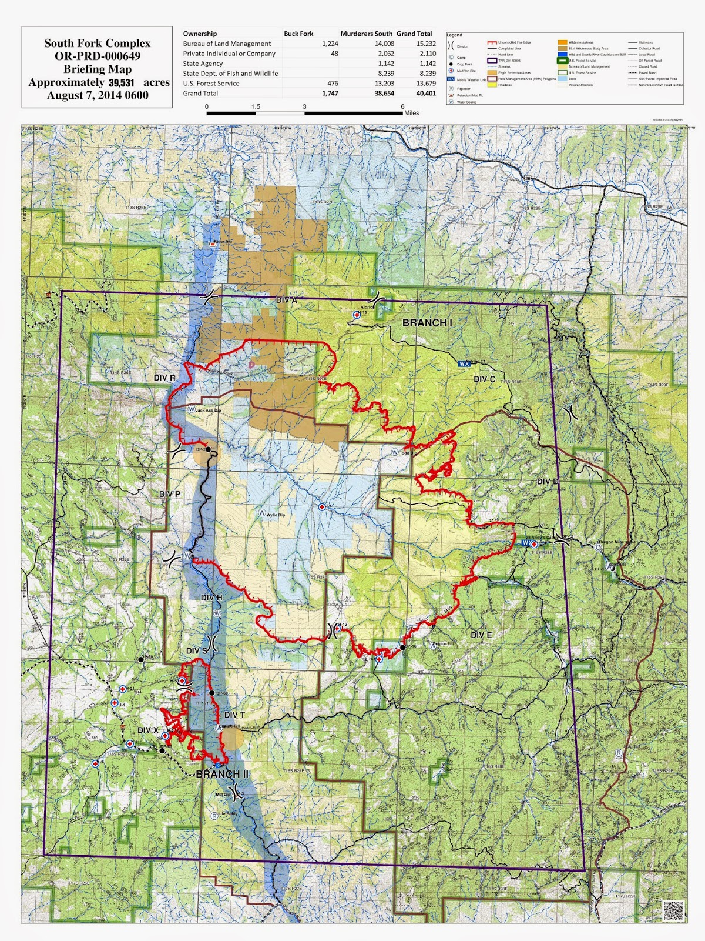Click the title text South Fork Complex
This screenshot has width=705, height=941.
coord(97,44)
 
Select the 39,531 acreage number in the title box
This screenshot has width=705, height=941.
coord(122,83)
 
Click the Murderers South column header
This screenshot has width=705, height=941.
coord(366,34)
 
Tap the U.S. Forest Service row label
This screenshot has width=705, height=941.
coord(211,83)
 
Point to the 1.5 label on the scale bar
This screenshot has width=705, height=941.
coord(256,107)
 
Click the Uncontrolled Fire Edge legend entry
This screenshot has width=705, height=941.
coord(514,43)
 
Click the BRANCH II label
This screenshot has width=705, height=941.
coord(222,774)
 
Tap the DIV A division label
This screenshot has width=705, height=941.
coord(287,300)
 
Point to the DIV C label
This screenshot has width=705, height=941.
coord(484,379)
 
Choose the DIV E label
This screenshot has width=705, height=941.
coord(481,635)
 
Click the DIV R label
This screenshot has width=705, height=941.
coord(164,378)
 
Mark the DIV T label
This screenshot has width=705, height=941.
coord(234,715)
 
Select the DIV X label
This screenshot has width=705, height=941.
coord(148,730)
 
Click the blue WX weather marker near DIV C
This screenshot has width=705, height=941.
coord(464,363)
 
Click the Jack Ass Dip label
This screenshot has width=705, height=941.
coord(208,410)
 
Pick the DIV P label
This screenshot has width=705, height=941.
coord(170,494)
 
